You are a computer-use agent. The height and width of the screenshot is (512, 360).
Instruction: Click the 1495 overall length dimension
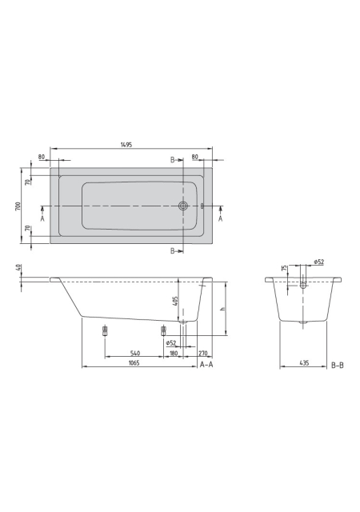[126, 144]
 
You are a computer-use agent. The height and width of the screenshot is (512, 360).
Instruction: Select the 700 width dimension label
[18, 206]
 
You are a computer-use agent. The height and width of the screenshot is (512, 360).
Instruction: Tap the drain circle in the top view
[183, 206]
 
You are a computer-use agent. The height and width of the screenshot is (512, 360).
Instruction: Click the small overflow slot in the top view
[202, 206]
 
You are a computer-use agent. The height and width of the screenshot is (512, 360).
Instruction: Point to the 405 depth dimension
[175, 301]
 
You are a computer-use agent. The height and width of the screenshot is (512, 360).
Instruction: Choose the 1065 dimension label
[134, 362]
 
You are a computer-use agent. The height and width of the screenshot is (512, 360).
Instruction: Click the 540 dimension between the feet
[135, 353]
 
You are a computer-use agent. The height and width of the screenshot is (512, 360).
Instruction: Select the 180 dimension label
[174, 353]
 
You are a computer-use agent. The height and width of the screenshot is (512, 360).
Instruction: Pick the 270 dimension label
[203, 353]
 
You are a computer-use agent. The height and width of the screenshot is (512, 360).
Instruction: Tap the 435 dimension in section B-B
[304, 362]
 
